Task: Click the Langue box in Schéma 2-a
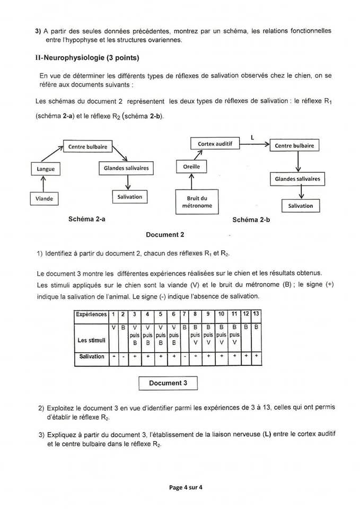(46, 169)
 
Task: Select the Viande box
(45, 199)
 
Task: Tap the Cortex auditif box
(215, 144)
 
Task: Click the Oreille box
(191, 167)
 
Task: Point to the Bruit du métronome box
(197, 202)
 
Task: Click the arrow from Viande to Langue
(43, 184)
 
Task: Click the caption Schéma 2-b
(251, 220)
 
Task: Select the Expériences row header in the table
(91, 314)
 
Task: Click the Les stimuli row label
(91, 339)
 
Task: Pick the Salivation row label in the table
(92, 356)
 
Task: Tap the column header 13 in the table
(257, 314)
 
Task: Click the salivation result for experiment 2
(124, 356)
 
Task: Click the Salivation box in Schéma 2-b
(301, 206)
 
